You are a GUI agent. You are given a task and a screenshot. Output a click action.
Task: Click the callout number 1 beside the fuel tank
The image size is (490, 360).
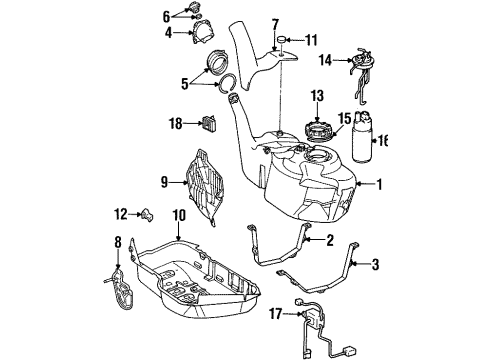click(x=379, y=184)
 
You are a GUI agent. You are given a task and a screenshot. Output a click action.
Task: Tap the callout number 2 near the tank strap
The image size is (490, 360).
click(x=329, y=239)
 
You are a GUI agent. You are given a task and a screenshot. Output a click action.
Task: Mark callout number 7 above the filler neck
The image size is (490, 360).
click(x=275, y=23)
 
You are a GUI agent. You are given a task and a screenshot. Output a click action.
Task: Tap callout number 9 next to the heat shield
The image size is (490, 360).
click(x=165, y=182)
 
